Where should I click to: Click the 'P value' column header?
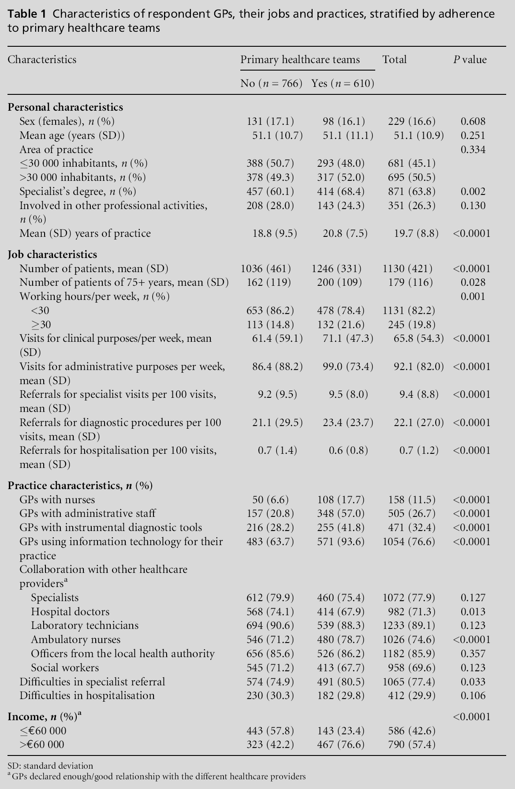coord(470,60)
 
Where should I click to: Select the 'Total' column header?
coord(394,60)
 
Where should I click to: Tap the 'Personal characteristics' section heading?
coord(65,107)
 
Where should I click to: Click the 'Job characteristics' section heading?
coord(52,254)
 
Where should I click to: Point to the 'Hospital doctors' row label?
coord(70,612)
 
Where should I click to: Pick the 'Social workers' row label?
coord(65,668)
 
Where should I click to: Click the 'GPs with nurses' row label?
coord(57,500)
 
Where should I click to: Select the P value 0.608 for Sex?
coord(473,121)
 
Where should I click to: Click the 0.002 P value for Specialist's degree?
coord(473,191)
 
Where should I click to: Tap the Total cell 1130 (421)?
coord(408,269)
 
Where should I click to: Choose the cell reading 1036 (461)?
coord(266,269)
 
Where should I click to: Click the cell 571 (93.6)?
coord(341,542)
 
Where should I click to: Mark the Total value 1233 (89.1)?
coord(409,625)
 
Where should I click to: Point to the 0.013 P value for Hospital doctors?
coord(473,612)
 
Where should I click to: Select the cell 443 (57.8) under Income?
coord(270,731)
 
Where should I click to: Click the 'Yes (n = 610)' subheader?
coord(343,83)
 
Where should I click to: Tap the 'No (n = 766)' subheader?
coord(271,83)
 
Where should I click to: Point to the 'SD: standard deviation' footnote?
coord(50,766)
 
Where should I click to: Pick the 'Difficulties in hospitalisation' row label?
coord(87,696)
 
